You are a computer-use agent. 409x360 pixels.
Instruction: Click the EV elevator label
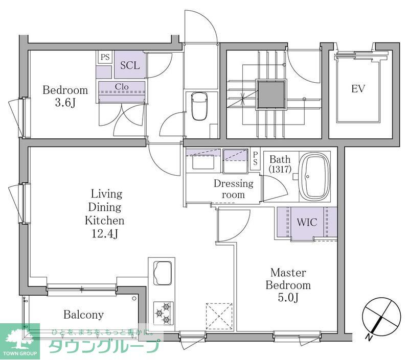[358, 89]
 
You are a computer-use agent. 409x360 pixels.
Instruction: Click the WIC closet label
[307, 223]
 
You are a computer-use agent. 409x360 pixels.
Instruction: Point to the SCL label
[130, 65]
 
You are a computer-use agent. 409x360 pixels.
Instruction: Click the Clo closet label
[122, 87]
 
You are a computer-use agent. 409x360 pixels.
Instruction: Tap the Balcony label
[83, 315]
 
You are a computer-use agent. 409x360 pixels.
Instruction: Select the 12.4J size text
[104, 234]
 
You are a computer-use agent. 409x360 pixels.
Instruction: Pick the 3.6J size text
[65, 104]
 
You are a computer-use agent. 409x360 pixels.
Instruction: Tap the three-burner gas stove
[163, 313]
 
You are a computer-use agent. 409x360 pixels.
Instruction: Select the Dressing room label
[233, 189]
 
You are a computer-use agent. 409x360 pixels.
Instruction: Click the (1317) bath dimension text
[280, 169]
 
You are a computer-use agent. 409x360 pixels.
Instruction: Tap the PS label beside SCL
[105, 57]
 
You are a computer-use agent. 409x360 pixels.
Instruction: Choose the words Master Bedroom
[288, 279]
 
